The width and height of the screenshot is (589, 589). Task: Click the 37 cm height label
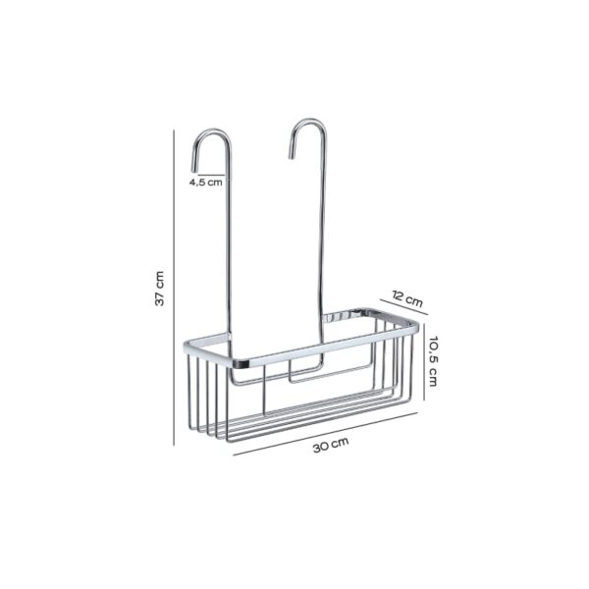(x=160, y=289)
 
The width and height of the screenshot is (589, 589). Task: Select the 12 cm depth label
(x=406, y=296)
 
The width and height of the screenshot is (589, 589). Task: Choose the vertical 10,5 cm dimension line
(x=425, y=358)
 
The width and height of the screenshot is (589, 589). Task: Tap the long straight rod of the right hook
(x=323, y=226)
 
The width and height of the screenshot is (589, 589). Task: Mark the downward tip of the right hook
(x=292, y=155)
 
